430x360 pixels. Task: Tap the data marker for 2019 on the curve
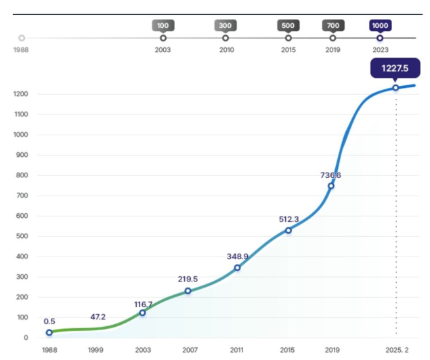pos(331,186)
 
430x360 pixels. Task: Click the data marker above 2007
pos(188,291)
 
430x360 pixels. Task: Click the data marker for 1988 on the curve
pos(49,332)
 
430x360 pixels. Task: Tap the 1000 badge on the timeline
pos(380,26)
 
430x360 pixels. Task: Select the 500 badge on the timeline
pos(288,26)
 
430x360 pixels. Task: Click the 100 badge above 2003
pos(163,26)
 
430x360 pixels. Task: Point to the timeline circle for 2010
pos(225,38)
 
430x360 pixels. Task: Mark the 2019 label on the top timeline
pos(332,49)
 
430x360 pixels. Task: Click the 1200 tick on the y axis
pos(20,94)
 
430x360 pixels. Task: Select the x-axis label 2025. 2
pos(396,350)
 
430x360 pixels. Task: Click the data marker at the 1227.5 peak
pos(395,87)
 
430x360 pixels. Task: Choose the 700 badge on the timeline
pos(332,26)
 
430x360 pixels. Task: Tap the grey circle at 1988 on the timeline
pos(22,38)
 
